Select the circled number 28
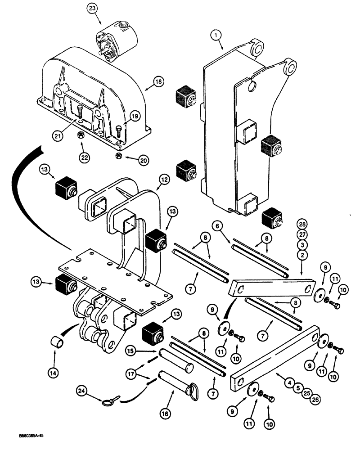click(302, 225)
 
